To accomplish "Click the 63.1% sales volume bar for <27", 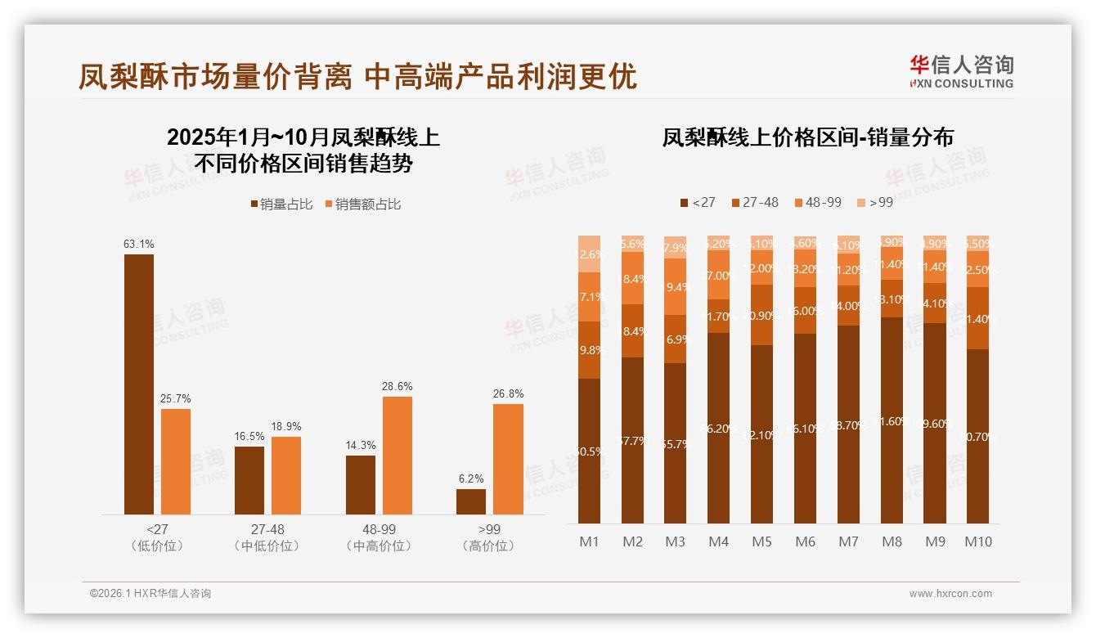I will [139, 384].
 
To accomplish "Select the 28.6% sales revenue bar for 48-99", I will [398, 456].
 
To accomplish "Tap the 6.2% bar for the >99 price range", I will [471, 501].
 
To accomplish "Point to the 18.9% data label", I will [286, 427].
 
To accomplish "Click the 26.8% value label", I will [508, 394].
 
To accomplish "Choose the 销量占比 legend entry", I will [281, 204].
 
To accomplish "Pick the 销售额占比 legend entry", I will [363, 204].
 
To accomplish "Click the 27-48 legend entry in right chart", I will [754, 202].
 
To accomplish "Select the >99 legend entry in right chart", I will [874, 202].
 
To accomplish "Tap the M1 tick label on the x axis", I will [590, 541].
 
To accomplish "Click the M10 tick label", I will [977, 541].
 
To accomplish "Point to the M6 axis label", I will [805, 541].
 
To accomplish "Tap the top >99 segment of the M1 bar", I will [590, 254].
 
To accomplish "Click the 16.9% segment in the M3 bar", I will [676, 339].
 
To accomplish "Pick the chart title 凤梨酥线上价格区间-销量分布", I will [807, 137].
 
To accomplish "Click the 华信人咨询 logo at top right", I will [961, 70].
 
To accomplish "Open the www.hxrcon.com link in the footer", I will [950, 594].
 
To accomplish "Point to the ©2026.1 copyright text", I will [150, 594].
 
